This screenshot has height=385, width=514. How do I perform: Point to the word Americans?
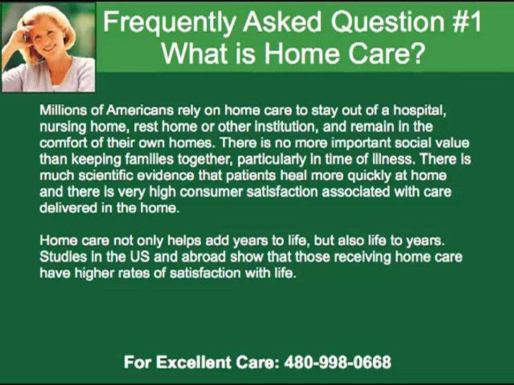[x=140, y=110]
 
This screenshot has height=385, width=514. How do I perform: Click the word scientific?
[x=105, y=175]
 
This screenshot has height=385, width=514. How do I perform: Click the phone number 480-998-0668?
[x=338, y=363]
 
